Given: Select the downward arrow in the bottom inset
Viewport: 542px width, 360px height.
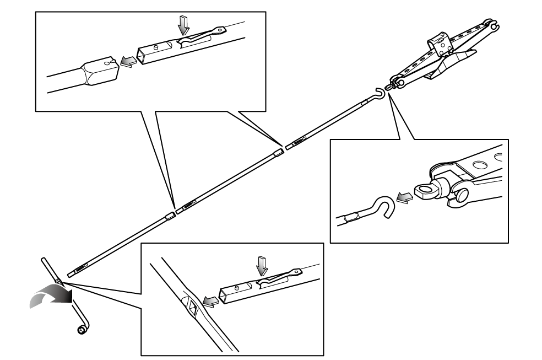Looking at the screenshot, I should click(x=263, y=267).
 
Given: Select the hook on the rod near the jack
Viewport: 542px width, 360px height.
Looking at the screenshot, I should click(x=379, y=94).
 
